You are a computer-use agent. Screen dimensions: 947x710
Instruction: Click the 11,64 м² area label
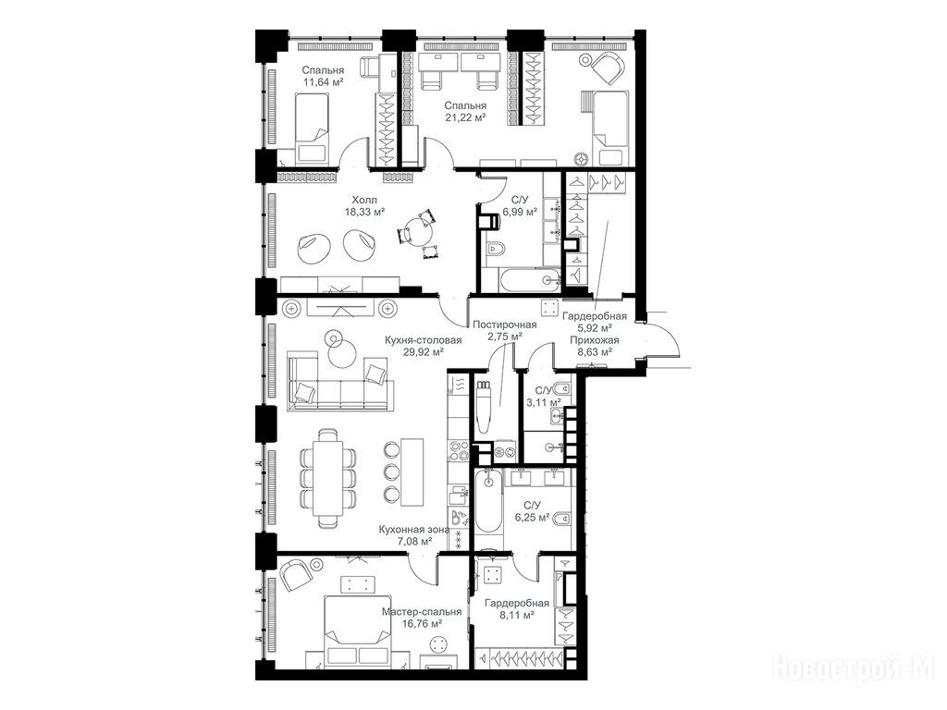tap(323, 82)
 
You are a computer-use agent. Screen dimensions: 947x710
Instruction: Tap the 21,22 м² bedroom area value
tap(466, 118)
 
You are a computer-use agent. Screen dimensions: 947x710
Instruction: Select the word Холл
tap(364, 200)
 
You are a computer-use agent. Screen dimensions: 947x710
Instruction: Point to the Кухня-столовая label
tap(423, 340)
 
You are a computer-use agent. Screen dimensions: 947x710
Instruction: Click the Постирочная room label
tap(504, 324)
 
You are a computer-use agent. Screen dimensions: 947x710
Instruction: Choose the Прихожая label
tap(595, 340)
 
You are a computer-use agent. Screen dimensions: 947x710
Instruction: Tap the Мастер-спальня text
tap(422, 612)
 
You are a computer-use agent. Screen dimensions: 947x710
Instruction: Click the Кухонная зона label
tap(414, 530)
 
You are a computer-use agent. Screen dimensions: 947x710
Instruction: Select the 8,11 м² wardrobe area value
tap(517, 615)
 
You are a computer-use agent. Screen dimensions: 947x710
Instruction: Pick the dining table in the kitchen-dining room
tap(328, 479)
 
